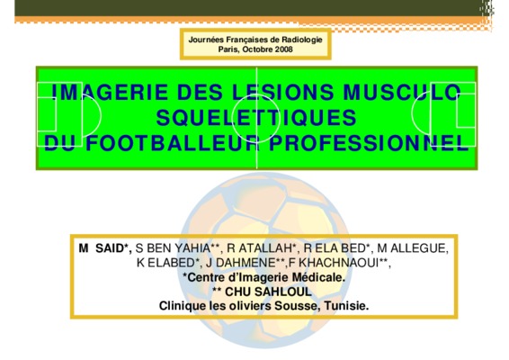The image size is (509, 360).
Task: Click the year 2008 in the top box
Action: [x=283, y=49]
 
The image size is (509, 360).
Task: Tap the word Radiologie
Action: [x=302, y=40]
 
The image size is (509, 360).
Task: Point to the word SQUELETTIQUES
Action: [x=256, y=117]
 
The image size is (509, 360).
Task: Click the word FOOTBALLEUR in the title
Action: [x=172, y=143]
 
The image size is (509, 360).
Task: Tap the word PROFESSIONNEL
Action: [x=369, y=143]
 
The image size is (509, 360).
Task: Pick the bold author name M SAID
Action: [x=104, y=248]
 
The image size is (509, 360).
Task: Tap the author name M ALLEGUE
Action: [x=412, y=248]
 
